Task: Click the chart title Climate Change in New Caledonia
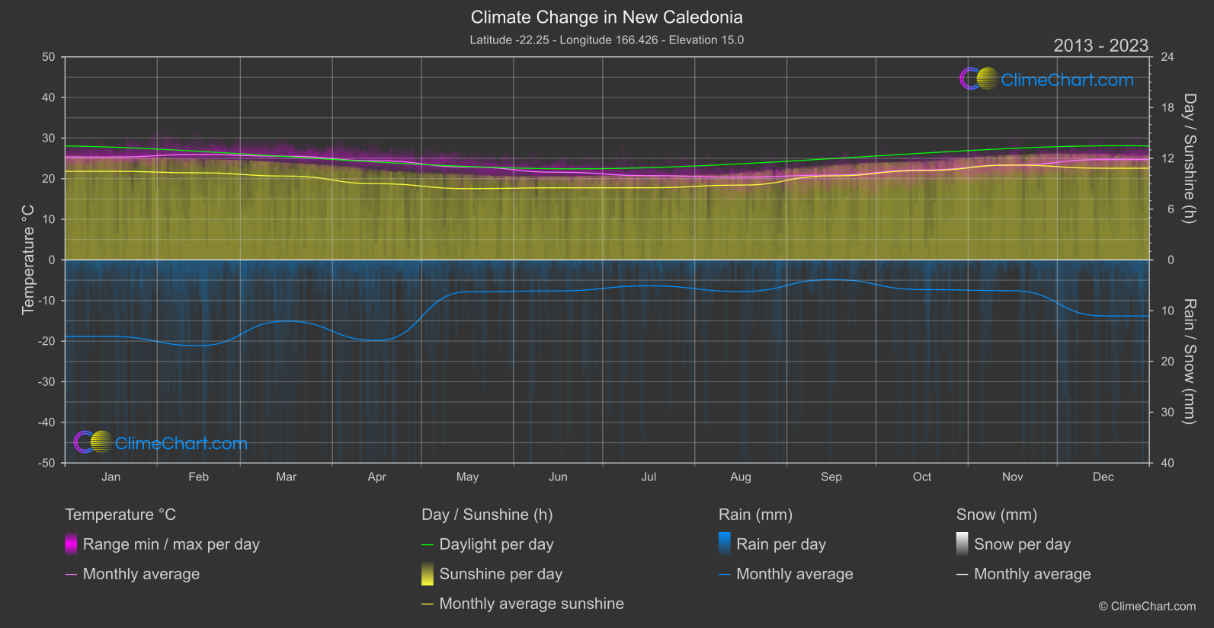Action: pyautogui.click(x=607, y=17)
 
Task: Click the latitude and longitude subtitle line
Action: pyautogui.click(x=607, y=40)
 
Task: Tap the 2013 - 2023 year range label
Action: pyautogui.click(x=1100, y=46)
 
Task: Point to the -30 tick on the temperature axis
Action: pyautogui.click(x=46, y=381)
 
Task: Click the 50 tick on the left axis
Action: pyautogui.click(x=49, y=57)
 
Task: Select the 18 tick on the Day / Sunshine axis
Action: pyautogui.click(x=1168, y=107)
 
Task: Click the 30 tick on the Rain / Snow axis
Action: pyautogui.click(x=1168, y=412)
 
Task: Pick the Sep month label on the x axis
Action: pyautogui.click(x=831, y=477)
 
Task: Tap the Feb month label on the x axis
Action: pyautogui.click(x=198, y=477)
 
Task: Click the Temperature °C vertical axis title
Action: pyautogui.click(x=28, y=260)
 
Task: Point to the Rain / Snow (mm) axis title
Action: pyautogui.click(x=1189, y=362)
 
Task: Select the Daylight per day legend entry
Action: pyautogui.click(x=496, y=544)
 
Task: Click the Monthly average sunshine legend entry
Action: pyautogui.click(x=531, y=604)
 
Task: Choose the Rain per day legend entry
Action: pyautogui.click(x=780, y=544)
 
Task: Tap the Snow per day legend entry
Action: pyautogui.click(x=1022, y=544)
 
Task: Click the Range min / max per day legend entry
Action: pyautogui.click(x=171, y=544)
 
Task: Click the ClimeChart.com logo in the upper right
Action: pyautogui.click(x=1047, y=79)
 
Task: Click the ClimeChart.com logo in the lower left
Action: pyautogui.click(x=161, y=443)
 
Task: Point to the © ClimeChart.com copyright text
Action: pyautogui.click(x=1147, y=606)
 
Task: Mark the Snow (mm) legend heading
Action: pyautogui.click(x=996, y=515)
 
